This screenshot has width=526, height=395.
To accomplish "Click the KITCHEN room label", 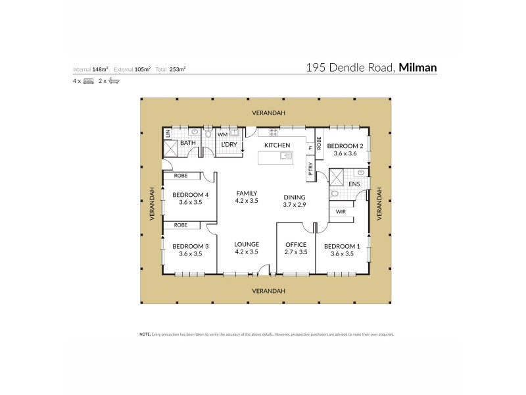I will (277, 145).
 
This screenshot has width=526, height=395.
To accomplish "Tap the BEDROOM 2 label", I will (345, 145).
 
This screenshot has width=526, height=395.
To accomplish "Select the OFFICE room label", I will (295, 244).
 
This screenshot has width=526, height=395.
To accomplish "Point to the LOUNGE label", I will (247, 244).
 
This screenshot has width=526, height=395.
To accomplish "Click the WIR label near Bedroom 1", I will (341, 212).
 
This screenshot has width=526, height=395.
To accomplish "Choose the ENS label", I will (354, 184).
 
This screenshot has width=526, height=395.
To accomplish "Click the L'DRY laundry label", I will (229, 144).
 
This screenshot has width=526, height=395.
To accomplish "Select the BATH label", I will (188, 143).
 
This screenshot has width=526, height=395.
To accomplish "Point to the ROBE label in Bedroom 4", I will (181, 176).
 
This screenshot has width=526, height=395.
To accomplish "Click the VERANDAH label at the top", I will (268, 113).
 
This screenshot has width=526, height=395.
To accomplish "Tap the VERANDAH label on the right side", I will (379, 203).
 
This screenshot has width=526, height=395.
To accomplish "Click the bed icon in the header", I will (88, 80).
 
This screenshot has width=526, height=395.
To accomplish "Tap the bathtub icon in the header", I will (114, 80).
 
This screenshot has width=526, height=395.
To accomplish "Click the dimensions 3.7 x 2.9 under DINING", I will (295, 205).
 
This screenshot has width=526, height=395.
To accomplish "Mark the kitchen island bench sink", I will (285, 157).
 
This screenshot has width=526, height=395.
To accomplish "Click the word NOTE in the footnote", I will (145, 334).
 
